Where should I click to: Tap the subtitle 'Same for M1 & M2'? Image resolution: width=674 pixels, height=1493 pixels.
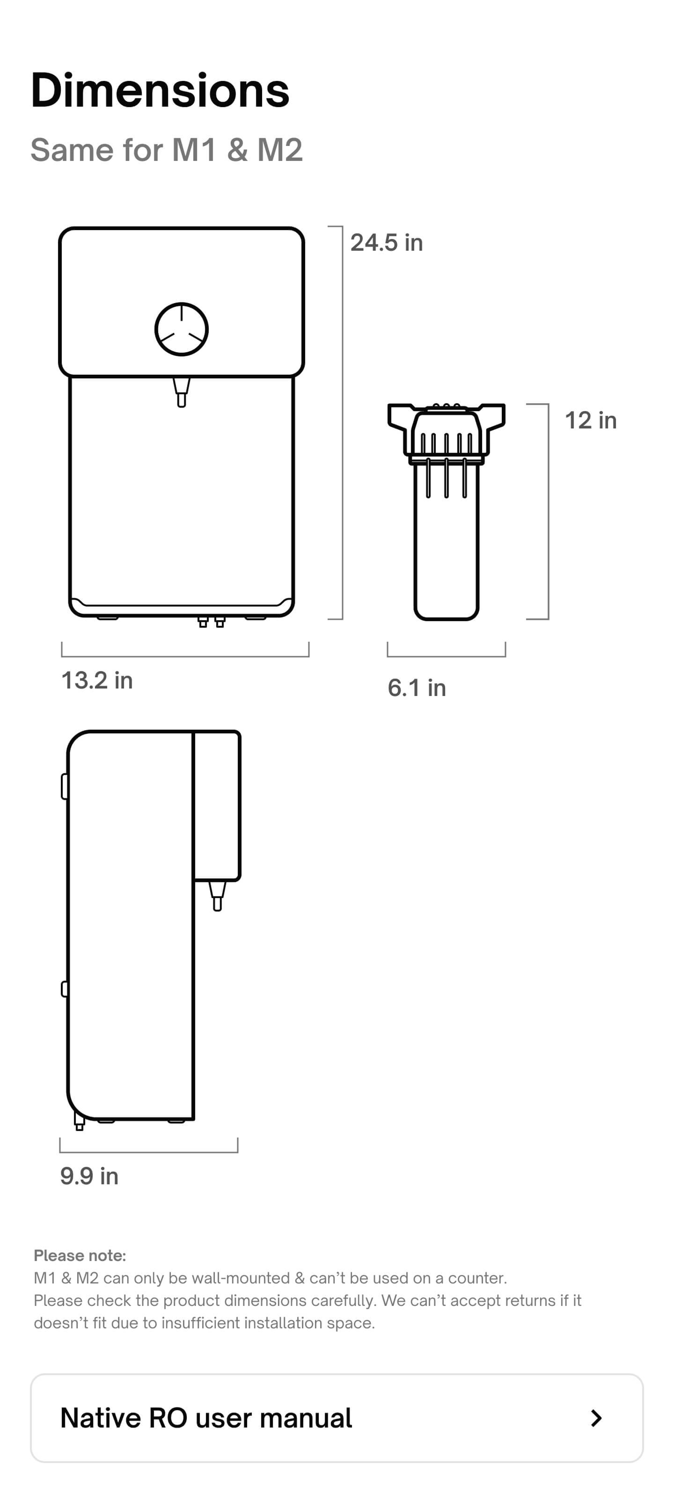167,150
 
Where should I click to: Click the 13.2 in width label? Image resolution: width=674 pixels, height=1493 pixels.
97,680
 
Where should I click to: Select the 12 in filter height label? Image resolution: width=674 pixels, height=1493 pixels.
591,420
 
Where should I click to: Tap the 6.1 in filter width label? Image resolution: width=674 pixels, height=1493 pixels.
417,688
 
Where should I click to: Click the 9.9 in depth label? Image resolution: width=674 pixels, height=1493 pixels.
89,1176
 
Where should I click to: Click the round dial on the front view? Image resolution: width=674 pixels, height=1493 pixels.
182,329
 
